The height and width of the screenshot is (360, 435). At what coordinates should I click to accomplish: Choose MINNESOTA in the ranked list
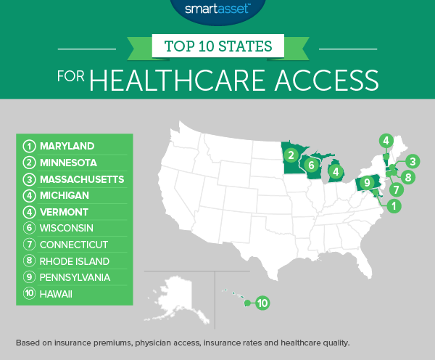pos(68,163)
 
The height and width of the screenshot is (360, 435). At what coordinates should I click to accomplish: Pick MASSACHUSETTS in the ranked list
pos(80,179)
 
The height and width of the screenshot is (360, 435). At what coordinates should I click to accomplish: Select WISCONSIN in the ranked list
pos(66,229)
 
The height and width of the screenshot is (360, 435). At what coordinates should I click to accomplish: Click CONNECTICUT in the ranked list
pos(73,245)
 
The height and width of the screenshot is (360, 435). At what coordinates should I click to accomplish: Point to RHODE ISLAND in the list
pos(73,262)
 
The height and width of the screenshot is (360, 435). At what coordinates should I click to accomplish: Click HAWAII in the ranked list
pos(57,295)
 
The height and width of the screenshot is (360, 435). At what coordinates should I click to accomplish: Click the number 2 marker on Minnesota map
pos(290,155)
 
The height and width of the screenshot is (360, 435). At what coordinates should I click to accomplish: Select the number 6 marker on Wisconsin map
pos(311,165)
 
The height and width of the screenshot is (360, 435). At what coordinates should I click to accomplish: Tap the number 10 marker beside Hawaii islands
pos(262,303)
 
